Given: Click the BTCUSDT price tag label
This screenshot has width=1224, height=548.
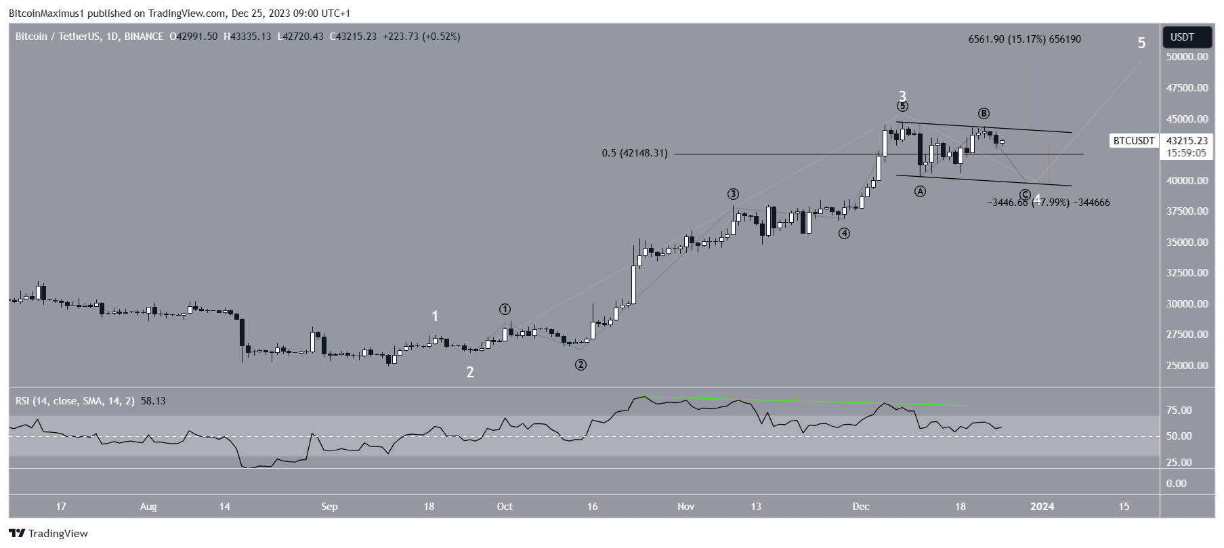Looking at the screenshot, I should tap(1134, 141).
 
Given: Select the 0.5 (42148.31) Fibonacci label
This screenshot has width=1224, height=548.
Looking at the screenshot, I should tap(635, 154).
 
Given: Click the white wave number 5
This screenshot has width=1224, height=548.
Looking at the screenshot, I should tap(1141, 43).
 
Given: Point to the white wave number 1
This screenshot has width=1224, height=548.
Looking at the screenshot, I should tap(435, 316).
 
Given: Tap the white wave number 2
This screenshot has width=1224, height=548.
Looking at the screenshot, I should tap(469, 372).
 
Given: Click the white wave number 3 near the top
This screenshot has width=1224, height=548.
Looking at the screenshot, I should tap(902, 96).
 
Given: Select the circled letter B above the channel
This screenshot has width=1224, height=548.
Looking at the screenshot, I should tap(984, 113).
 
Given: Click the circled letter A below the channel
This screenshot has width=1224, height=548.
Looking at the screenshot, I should tap(920, 192).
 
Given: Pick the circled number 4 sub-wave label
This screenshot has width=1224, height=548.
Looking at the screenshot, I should tap(844, 234).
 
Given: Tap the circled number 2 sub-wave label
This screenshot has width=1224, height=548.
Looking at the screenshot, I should tap(581, 364).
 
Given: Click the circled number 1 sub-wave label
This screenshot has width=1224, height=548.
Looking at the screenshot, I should tap(505, 309).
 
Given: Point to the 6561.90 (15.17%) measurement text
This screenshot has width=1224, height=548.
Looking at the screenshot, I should tap(1024, 39).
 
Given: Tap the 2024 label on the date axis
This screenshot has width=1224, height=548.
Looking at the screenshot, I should tap(1042, 506).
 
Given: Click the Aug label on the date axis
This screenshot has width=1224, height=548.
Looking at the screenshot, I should tap(148, 506).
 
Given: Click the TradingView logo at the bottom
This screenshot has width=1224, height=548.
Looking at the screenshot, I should tap(49, 534).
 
